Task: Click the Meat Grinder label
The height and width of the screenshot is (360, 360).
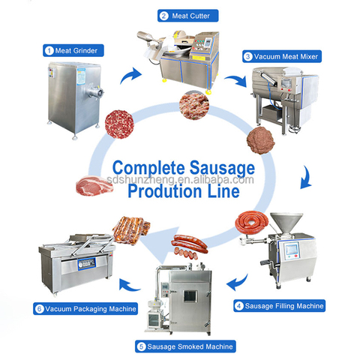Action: [73, 50]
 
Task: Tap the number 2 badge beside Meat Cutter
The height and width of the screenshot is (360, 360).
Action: [163, 16]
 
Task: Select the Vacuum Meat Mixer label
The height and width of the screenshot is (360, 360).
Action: [282, 56]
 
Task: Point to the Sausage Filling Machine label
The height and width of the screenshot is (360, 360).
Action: [280, 306]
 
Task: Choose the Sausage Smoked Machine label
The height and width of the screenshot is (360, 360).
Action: [185, 346]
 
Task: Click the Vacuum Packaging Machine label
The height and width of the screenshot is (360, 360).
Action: [85, 309]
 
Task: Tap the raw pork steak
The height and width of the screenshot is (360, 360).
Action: [94, 186]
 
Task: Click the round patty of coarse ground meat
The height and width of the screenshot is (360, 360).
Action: [119, 124]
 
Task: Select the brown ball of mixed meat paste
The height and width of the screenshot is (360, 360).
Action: [261, 140]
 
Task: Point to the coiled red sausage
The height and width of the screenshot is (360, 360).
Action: [252, 222]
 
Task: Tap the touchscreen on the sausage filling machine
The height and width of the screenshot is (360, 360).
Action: [292, 249]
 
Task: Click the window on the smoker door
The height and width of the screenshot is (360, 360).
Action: [190, 296]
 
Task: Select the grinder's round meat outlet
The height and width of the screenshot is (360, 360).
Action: [96, 93]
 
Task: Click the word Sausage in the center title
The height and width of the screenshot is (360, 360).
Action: [222, 168]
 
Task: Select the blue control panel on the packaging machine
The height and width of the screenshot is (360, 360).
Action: [86, 264]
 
